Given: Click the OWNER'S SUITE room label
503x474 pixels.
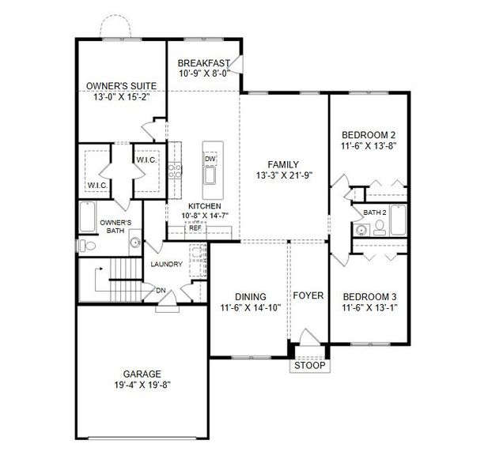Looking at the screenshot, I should [x=120, y=85].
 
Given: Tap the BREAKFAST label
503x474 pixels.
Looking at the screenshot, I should [x=203, y=64].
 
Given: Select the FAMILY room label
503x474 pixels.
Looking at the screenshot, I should [x=282, y=163].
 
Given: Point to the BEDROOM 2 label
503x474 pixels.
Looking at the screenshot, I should [x=369, y=134].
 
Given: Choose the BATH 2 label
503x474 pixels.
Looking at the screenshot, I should [x=374, y=213].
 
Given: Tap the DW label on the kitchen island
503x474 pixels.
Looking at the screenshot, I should [x=210, y=159].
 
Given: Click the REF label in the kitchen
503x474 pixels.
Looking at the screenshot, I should [x=195, y=228].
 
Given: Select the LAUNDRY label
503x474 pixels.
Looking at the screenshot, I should [x=167, y=264].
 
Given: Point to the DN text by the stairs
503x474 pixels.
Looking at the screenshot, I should [x=161, y=290].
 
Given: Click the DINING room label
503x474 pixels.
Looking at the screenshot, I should [x=250, y=297].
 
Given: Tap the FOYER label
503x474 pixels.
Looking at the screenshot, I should [x=308, y=295].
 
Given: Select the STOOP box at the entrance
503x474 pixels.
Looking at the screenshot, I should [x=308, y=367].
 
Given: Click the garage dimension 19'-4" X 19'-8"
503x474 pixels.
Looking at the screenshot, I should [x=142, y=386].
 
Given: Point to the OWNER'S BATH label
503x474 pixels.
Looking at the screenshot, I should [x=121, y=227].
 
